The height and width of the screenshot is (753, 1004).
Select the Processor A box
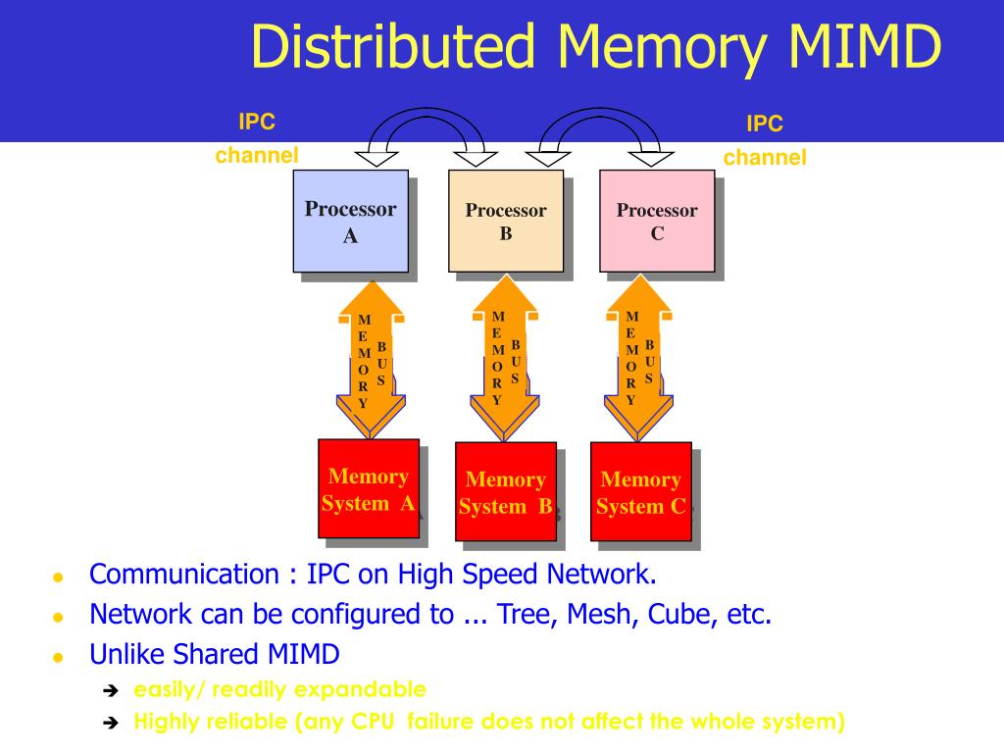pyautogui.click(x=350, y=221)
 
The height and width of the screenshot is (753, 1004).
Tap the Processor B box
pyautogui.click(x=506, y=221)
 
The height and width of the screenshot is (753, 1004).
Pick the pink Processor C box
pyautogui.click(x=657, y=221)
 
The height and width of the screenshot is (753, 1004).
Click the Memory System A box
pyautogui.click(x=369, y=488)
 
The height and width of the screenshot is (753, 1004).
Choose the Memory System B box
pyautogui.click(x=506, y=491)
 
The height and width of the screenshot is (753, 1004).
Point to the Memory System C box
pyautogui.click(x=641, y=491)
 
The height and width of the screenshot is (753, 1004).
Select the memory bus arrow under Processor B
pyautogui.click(x=505, y=358)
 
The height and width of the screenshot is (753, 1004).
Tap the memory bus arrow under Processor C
pyautogui.click(x=639, y=358)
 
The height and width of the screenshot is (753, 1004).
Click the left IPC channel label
pyautogui.click(x=257, y=138)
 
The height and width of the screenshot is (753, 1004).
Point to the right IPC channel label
pyautogui.click(x=765, y=140)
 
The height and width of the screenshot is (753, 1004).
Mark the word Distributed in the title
pyautogui.click(x=397, y=46)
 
